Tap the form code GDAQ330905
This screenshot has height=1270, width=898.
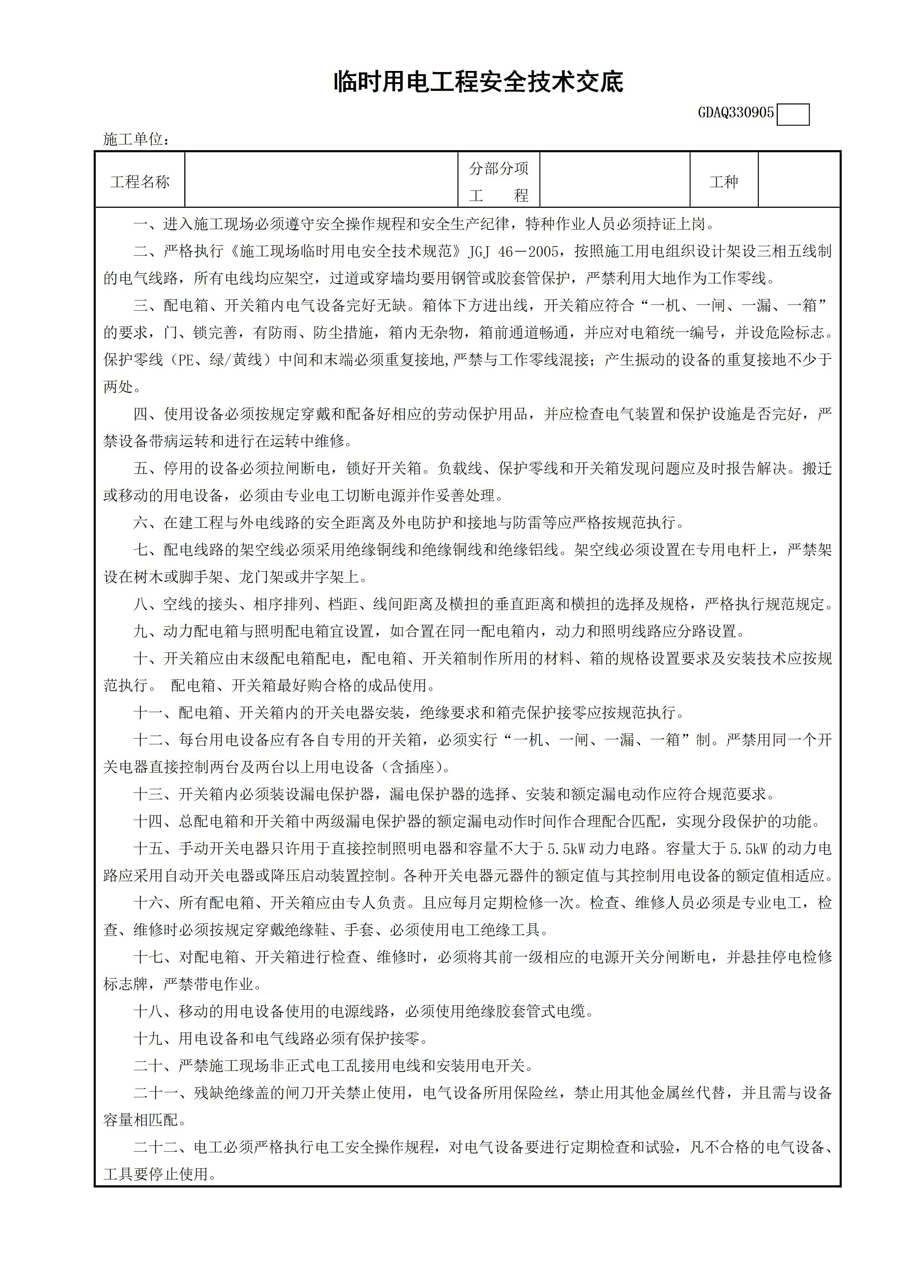pyautogui.click(x=735, y=113)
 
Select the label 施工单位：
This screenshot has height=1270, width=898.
pyautogui.click(x=136, y=139)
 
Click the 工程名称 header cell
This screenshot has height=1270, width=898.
pyautogui.click(x=140, y=182)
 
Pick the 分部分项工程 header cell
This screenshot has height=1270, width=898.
pyautogui.click(x=499, y=182)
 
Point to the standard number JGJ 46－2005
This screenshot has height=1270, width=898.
pyautogui.click(x=513, y=252)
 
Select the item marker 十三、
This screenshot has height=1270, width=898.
pyautogui.click(x=155, y=794)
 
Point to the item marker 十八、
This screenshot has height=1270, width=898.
pyautogui.click(x=155, y=1012)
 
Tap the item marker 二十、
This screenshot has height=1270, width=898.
pyautogui.click(x=155, y=1066)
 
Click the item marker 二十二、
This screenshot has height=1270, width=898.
pyautogui.click(x=163, y=1147)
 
